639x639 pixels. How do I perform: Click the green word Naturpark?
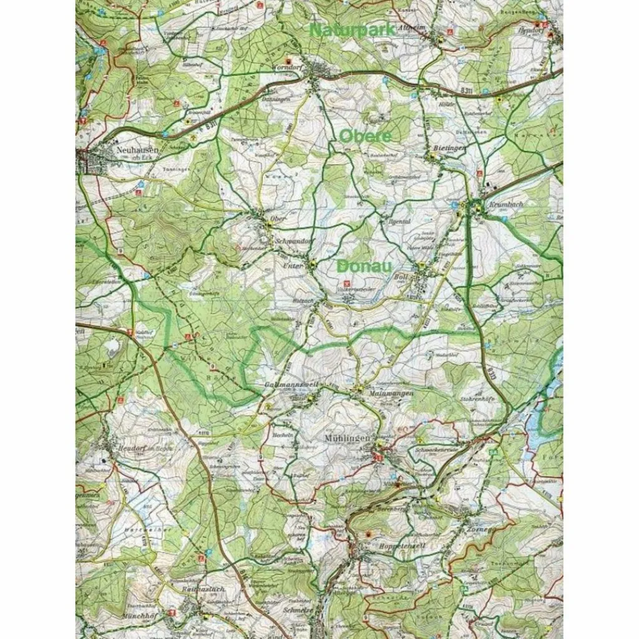352,29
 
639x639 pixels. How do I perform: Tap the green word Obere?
366,135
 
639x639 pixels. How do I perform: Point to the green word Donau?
364,266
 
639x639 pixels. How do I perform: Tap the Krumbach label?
505,204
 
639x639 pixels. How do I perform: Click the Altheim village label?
431,28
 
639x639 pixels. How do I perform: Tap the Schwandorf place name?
286,241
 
